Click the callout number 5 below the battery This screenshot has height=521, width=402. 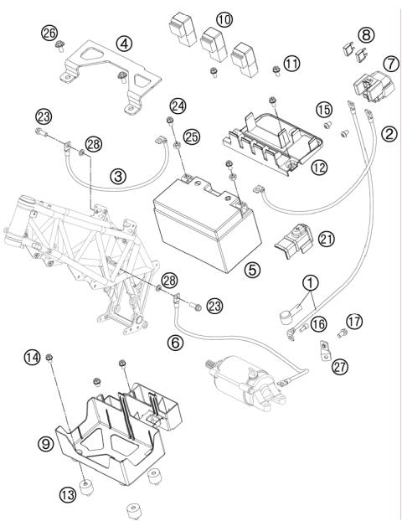[x=252, y=270]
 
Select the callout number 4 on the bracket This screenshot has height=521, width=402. [x=124, y=44]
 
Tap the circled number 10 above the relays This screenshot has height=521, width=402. [x=224, y=19]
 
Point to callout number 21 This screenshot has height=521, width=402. [x=327, y=239]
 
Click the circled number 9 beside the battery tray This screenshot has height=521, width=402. [x=46, y=443]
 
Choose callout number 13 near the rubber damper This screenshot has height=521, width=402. [x=68, y=495]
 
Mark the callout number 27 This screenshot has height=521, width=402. [x=340, y=367]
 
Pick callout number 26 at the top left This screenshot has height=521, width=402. [x=49, y=33]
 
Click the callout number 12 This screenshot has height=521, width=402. [x=319, y=168]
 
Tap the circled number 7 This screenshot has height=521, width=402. [x=391, y=64]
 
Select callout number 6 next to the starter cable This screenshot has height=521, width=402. [x=175, y=343]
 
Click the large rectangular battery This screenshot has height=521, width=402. [x=208, y=224]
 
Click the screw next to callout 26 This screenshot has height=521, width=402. [x=60, y=46]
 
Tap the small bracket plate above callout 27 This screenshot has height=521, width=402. [x=324, y=350]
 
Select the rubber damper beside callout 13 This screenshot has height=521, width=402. [x=87, y=487]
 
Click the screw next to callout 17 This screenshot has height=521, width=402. [x=341, y=333]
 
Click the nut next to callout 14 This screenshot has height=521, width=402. [x=49, y=357]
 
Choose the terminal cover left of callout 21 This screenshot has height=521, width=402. [x=294, y=240]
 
